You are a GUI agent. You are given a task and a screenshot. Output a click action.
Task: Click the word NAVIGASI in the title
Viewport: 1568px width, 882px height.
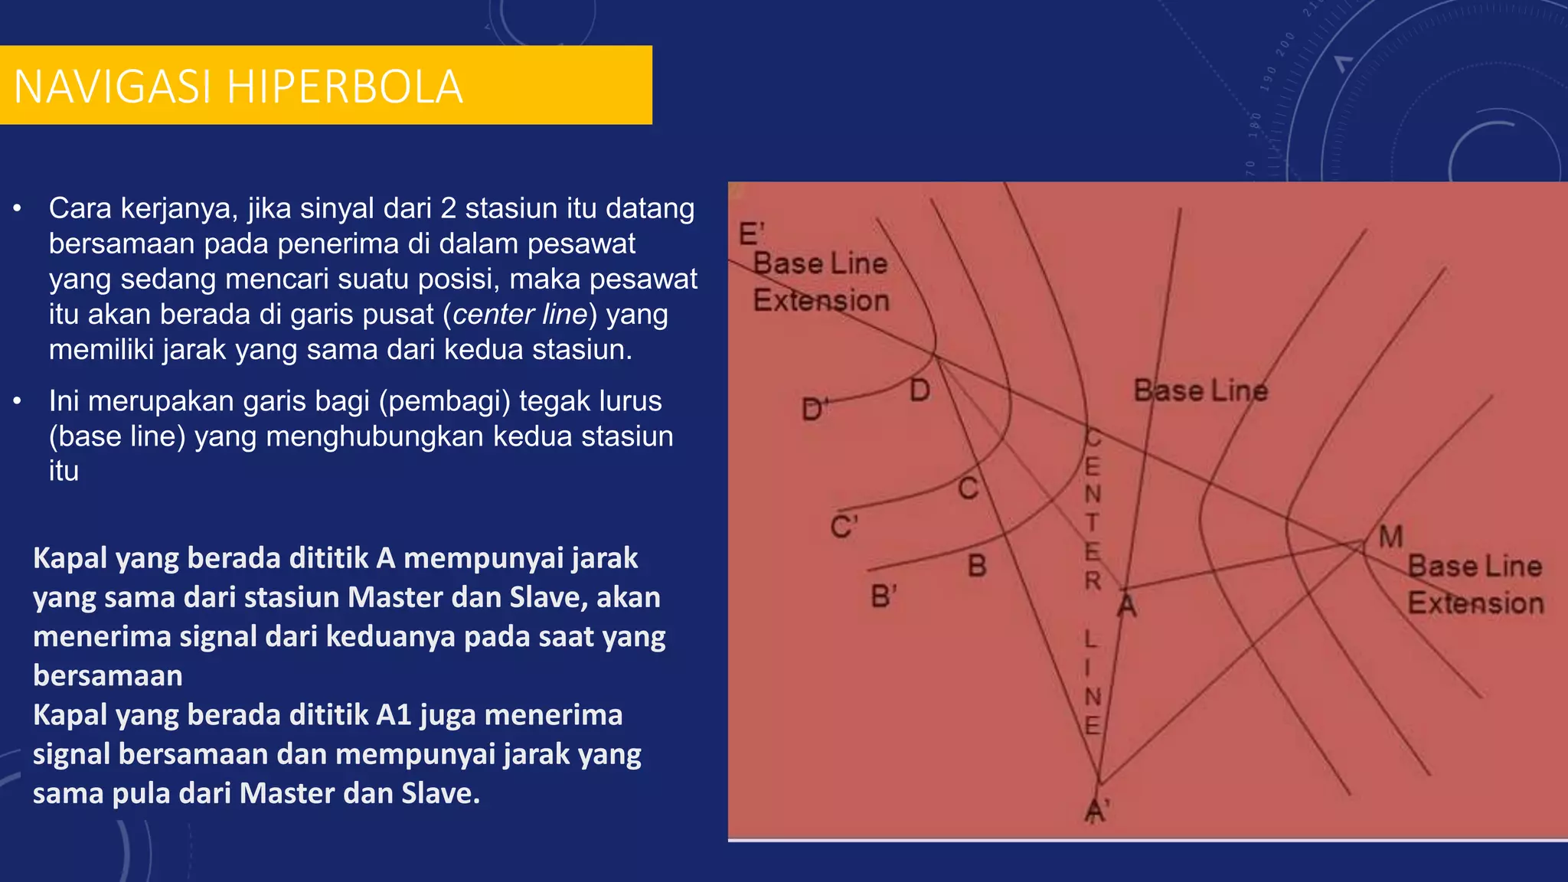pos(113,87)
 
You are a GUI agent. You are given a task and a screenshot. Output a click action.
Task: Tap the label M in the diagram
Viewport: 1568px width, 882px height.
pos(1390,537)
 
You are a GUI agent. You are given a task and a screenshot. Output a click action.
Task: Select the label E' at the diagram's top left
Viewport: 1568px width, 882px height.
pos(751,234)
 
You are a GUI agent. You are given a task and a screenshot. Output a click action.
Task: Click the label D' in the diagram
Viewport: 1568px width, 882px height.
pos(815,410)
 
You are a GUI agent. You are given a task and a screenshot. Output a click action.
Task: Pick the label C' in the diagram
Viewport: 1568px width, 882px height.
pos(844,528)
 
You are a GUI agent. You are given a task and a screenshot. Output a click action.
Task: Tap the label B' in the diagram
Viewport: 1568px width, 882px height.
pos(884,596)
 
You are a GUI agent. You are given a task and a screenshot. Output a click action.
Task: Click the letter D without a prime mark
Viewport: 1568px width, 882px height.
pos(920,391)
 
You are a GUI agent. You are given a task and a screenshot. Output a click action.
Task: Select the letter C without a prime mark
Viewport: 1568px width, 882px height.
pos(968,488)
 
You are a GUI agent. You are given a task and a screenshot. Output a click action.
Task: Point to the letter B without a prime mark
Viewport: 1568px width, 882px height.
pos(977,567)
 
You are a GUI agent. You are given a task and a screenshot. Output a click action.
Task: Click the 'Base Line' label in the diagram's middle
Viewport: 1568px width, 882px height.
pos(1200,391)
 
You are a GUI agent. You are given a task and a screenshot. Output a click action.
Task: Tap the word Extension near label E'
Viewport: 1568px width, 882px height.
pos(821,301)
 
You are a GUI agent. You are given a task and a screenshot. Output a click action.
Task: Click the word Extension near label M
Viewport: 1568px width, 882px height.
pos(1475,603)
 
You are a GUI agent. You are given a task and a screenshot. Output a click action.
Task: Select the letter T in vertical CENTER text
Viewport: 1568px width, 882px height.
pos(1093,523)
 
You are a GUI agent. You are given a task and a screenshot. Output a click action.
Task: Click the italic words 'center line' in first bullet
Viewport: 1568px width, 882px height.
pos(520,315)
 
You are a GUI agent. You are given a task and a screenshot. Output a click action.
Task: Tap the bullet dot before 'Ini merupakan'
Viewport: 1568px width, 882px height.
pos(18,401)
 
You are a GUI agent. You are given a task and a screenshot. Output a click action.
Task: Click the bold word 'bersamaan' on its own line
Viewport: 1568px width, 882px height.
pos(108,676)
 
